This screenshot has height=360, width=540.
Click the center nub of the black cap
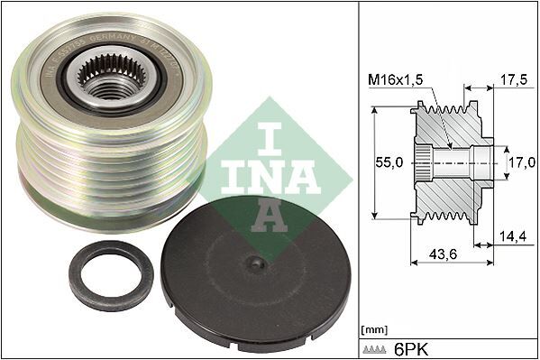pos(257,263)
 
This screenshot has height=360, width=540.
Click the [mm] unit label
pos(371,330)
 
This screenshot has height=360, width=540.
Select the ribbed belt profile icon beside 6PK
pos(378,348)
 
